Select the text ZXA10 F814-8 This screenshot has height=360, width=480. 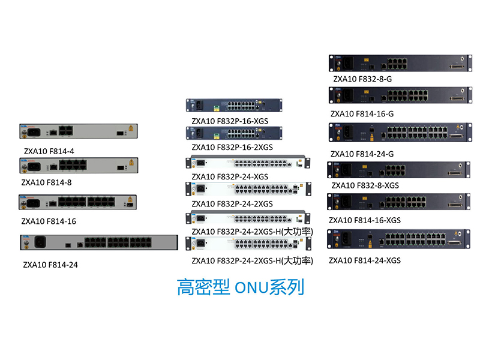pos(46,181)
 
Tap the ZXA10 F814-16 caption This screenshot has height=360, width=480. pos(49,221)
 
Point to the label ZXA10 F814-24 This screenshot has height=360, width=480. pos(50,263)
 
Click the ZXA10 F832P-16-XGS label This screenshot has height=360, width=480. pos(230,121)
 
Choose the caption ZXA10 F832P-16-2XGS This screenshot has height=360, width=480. pos(232,147)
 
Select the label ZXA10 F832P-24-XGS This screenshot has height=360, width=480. pos(230,176)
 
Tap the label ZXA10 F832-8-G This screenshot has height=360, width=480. pos(362,79)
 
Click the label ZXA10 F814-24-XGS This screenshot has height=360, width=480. pos(364,260)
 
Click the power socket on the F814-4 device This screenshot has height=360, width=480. pos(34,130)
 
